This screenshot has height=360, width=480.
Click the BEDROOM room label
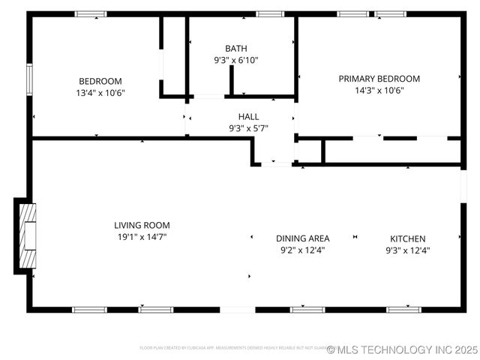100,81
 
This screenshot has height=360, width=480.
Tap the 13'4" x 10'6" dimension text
100,94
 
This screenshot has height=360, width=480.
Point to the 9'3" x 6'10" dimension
235,61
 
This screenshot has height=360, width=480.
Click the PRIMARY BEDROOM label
379,79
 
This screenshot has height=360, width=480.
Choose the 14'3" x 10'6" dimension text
379,91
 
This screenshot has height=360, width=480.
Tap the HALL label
248,116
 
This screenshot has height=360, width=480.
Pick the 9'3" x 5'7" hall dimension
248,128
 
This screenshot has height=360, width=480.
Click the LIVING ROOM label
142,225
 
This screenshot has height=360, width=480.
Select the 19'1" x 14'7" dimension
142,237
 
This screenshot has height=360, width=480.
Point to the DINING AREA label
302,238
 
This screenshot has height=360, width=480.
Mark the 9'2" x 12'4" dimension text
302,250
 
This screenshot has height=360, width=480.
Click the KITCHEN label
407,238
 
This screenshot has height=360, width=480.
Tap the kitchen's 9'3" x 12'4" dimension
407,250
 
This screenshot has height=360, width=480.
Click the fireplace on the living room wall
25,235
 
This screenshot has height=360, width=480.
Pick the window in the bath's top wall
269,13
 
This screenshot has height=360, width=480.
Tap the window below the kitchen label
403,309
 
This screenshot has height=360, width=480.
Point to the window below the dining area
307,309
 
